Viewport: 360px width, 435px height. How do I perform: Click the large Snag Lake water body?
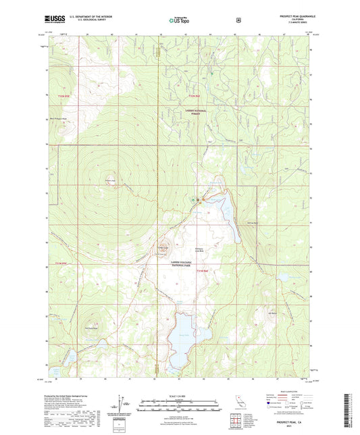(176, 341)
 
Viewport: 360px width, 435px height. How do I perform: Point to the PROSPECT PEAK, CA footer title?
(291, 421)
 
